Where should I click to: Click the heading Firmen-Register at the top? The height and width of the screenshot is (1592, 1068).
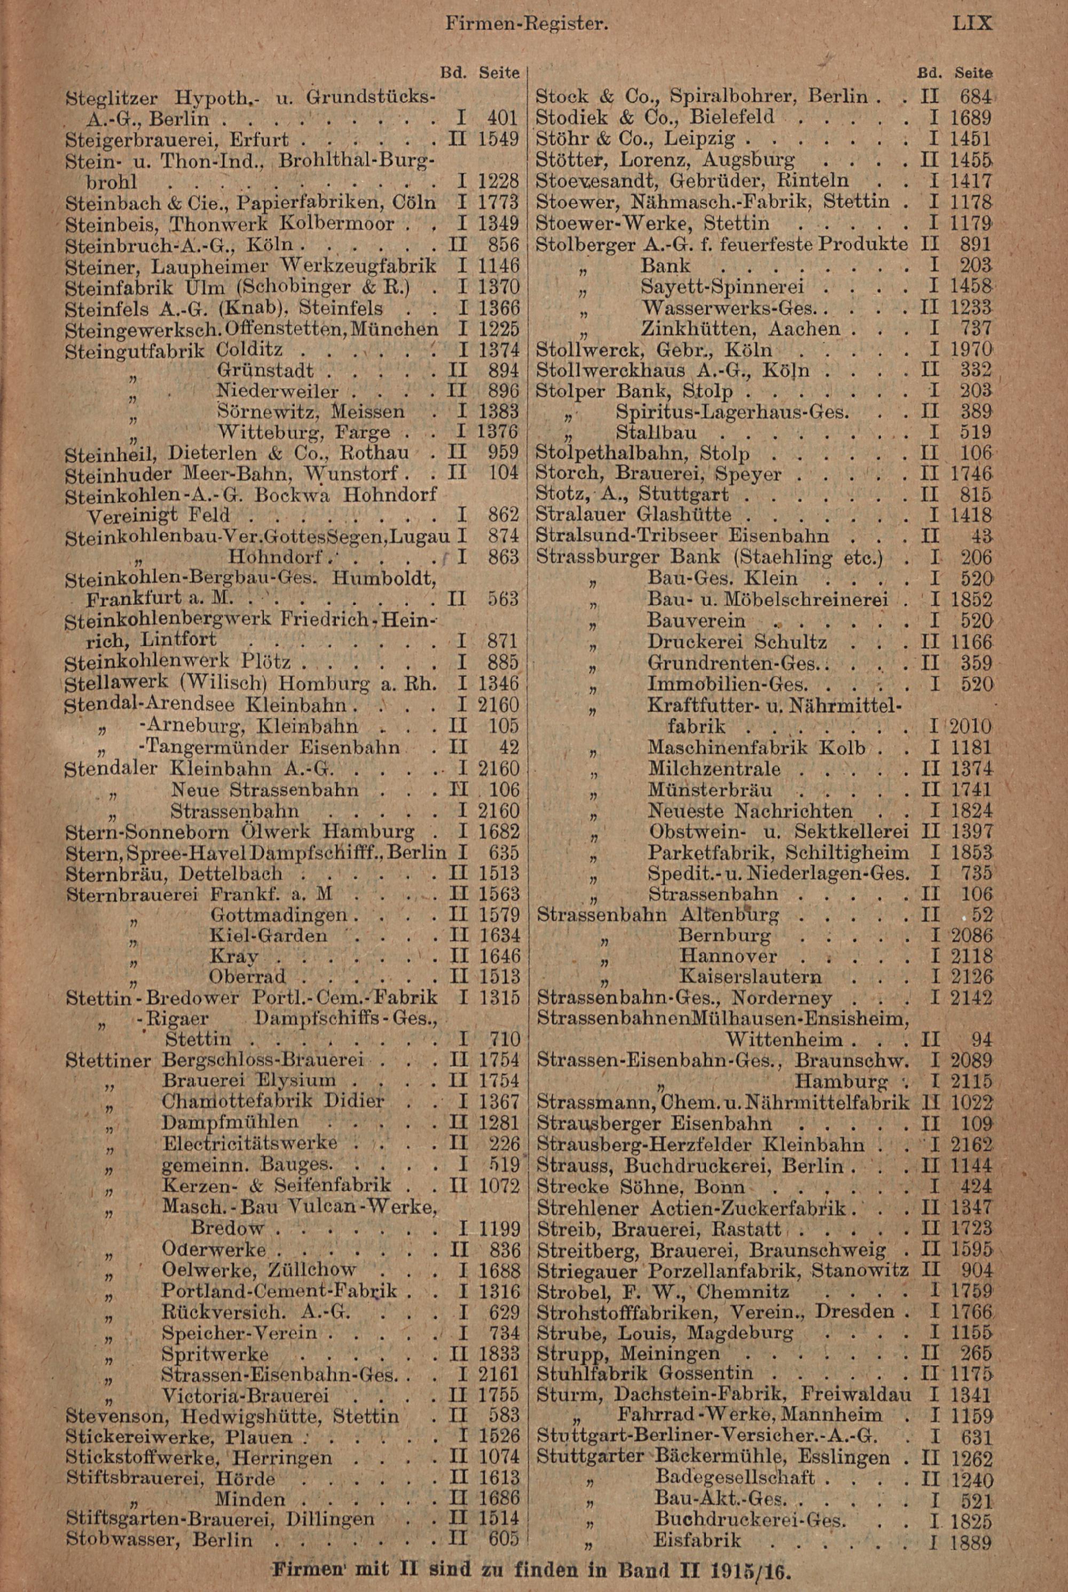point(526,25)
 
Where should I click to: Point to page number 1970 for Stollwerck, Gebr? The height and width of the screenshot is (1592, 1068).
point(972,350)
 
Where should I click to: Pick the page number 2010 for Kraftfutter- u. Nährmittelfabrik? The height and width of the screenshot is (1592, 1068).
point(971,727)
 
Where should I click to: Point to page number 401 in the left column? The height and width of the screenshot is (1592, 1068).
point(504,119)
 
